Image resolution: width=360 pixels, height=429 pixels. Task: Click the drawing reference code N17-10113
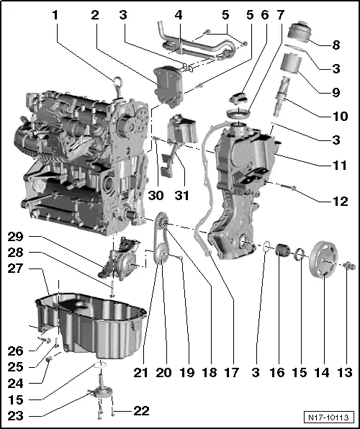coord(330,417)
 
